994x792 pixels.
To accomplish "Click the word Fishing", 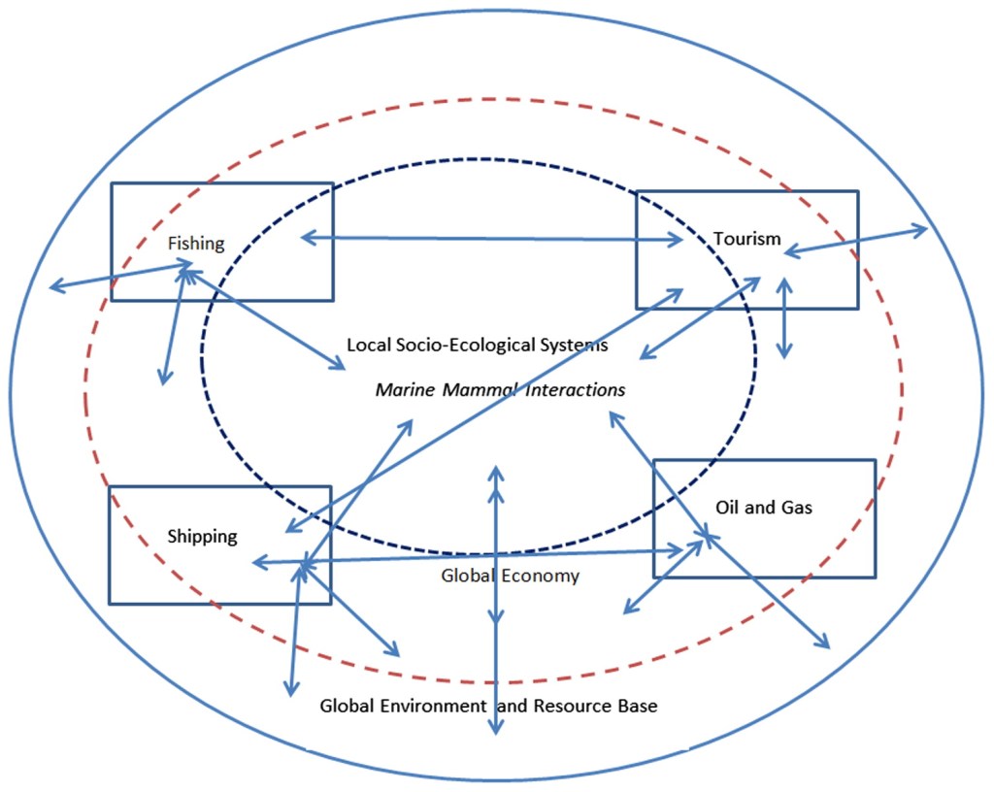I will pos(196,244).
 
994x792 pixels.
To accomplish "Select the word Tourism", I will pos(746,238).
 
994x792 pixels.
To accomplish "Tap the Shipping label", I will pos(202,537).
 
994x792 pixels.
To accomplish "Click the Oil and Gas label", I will pos(763,508).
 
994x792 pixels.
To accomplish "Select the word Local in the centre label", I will pos(368,345).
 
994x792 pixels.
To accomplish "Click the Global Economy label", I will pos(510,576).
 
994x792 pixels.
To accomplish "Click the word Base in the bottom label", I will pos(635,706).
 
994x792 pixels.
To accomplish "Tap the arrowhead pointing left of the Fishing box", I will pos(54,286).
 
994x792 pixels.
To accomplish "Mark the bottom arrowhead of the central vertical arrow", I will pos(496,729).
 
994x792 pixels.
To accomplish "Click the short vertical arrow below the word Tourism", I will pos(784,319).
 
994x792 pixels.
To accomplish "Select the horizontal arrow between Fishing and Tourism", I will pos(491,239).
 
